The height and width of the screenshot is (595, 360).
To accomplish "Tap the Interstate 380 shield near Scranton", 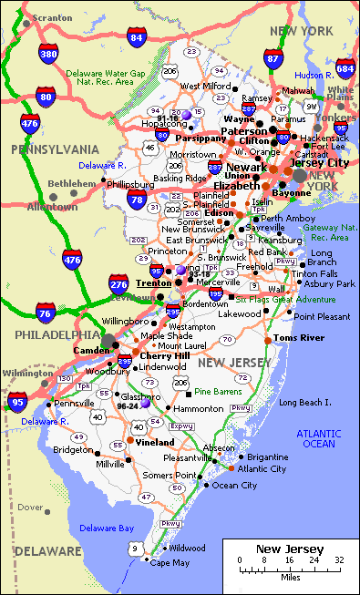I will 48,56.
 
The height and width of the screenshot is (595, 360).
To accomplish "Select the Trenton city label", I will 153,283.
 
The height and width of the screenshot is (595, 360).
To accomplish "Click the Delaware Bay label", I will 106,528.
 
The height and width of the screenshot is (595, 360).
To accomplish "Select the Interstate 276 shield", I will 118,285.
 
